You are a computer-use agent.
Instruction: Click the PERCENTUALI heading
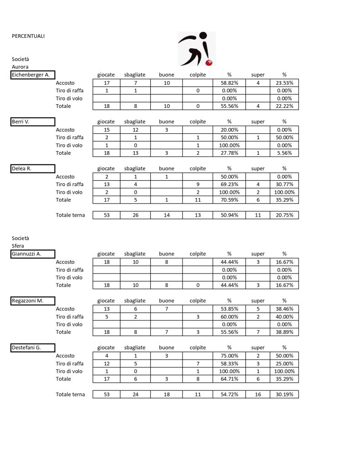click(28, 36)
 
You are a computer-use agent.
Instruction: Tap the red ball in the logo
click(210, 62)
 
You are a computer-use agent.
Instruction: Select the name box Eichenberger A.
click(33, 75)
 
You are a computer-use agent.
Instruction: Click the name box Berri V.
click(33, 122)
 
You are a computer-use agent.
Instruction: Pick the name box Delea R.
click(33, 168)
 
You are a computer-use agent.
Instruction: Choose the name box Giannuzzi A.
click(33, 254)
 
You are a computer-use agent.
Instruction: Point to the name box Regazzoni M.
click(33, 301)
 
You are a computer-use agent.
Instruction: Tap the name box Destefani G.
click(33, 348)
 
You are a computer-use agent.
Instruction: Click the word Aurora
click(20, 67)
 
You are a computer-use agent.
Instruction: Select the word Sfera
click(18, 246)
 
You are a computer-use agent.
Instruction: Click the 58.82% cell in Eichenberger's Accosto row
click(229, 83)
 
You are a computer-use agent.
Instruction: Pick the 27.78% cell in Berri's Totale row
click(229, 153)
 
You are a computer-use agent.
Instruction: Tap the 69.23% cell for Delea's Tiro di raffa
click(229, 184)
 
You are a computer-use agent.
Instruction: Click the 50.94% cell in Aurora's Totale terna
click(229, 215)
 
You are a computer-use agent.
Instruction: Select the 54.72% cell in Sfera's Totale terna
click(229, 395)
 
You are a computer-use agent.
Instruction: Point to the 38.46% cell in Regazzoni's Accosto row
click(284, 309)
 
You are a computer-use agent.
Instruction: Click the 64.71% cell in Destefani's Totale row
click(229, 379)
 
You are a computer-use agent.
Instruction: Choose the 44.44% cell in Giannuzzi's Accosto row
click(229, 262)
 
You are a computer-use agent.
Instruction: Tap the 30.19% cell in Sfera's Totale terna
click(284, 395)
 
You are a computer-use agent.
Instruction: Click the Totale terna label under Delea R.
click(70, 215)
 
